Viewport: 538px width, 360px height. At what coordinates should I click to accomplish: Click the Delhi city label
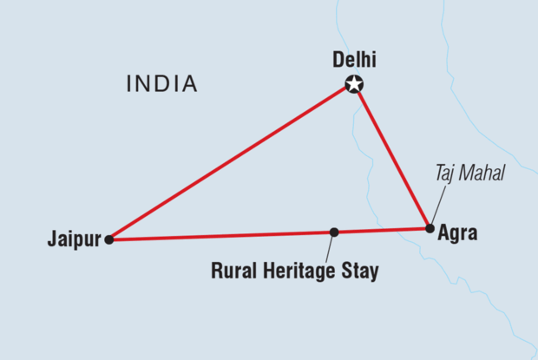tap(356, 60)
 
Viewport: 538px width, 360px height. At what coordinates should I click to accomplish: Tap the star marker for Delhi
tap(354, 84)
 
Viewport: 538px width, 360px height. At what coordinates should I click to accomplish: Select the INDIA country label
tap(162, 84)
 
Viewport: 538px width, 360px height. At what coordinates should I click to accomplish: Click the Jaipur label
tap(75, 239)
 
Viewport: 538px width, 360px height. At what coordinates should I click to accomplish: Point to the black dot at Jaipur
tap(108, 239)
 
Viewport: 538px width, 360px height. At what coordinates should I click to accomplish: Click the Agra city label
tap(458, 233)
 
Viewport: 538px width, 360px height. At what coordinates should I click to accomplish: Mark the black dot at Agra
tap(430, 228)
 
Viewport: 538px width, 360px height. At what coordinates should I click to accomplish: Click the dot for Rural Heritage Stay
tap(333, 232)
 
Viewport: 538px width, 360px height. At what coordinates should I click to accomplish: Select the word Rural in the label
tap(234, 272)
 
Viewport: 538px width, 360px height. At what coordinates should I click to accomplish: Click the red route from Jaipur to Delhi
tap(230, 161)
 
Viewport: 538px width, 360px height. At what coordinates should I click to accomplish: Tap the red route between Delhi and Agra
tap(392, 157)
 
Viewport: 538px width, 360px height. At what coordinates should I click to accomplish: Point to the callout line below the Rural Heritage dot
tap(331, 248)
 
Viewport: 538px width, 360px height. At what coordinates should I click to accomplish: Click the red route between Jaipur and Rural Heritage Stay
tap(221, 235)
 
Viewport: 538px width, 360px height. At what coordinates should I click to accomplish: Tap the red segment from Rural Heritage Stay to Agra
tap(382, 230)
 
